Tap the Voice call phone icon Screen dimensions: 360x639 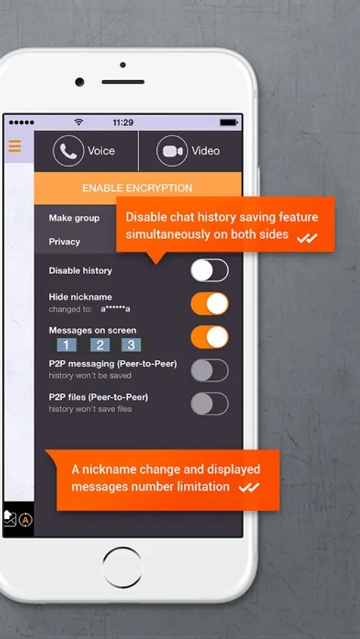(68, 151)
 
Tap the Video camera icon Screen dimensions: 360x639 (172, 151)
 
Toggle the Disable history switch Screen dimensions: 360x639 (209, 271)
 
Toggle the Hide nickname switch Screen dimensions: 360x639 (209, 304)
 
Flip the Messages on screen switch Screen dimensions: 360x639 (209, 337)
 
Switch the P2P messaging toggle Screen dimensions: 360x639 (209, 371)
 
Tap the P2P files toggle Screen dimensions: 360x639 (209, 404)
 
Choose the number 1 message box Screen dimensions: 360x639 (67, 345)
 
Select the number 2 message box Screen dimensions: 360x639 (100, 345)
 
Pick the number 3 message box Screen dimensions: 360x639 (131, 345)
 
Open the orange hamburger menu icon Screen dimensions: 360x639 (15, 146)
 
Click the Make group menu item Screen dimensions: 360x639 (75, 218)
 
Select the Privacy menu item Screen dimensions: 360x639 (65, 241)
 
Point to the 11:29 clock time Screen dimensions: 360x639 (123, 123)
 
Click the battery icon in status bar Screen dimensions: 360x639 (229, 122)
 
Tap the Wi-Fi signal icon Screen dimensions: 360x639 (79, 122)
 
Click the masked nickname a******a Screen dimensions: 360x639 (115, 310)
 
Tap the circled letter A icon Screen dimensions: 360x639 (26, 520)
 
